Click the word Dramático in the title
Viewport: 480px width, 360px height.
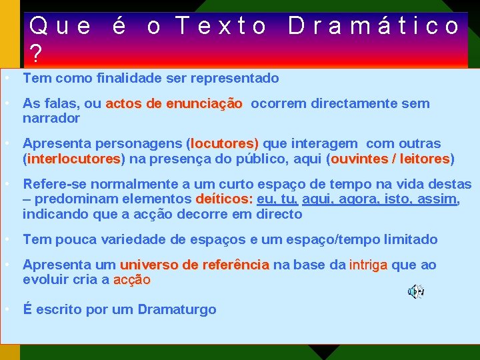(374, 26)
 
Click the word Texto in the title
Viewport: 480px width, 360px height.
(222, 26)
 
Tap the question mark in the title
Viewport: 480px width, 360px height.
(36, 53)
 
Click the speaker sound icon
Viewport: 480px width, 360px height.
(416, 291)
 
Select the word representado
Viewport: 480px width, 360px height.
(235, 78)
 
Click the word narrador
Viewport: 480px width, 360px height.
(51, 118)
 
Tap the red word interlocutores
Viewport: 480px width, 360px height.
(74, 159)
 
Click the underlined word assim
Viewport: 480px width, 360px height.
(437, 199)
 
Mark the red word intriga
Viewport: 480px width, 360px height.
(367, 265)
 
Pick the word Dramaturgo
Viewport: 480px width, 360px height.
(177, 309)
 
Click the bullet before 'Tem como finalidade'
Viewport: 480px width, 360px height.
(6, 78)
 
